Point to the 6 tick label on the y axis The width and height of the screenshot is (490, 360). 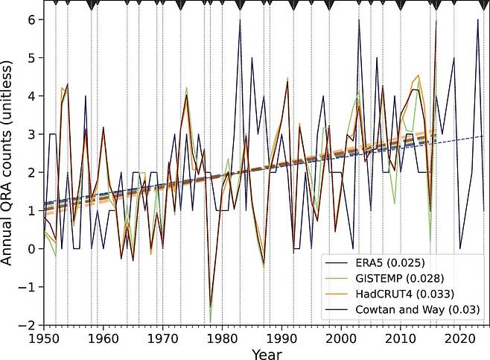pyautogui.click(x=31, y=19)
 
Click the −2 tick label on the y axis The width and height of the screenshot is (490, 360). pyautogui.click(x=28, y=325)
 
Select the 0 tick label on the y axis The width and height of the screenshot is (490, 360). pyautogui.click(x=31, y=248)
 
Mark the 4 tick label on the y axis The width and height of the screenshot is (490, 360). pyautogui.click(x=31, y=96)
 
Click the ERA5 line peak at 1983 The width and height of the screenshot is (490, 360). pyautogui.click(x=240, y=20)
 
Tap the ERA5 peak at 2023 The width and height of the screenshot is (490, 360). pyautogui.click(x=478, y=20)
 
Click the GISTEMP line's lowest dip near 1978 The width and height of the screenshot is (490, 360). pyautogui.click(x=210, y=321)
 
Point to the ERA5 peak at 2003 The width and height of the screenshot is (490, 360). pyautogui.click(x=359, y=20)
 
